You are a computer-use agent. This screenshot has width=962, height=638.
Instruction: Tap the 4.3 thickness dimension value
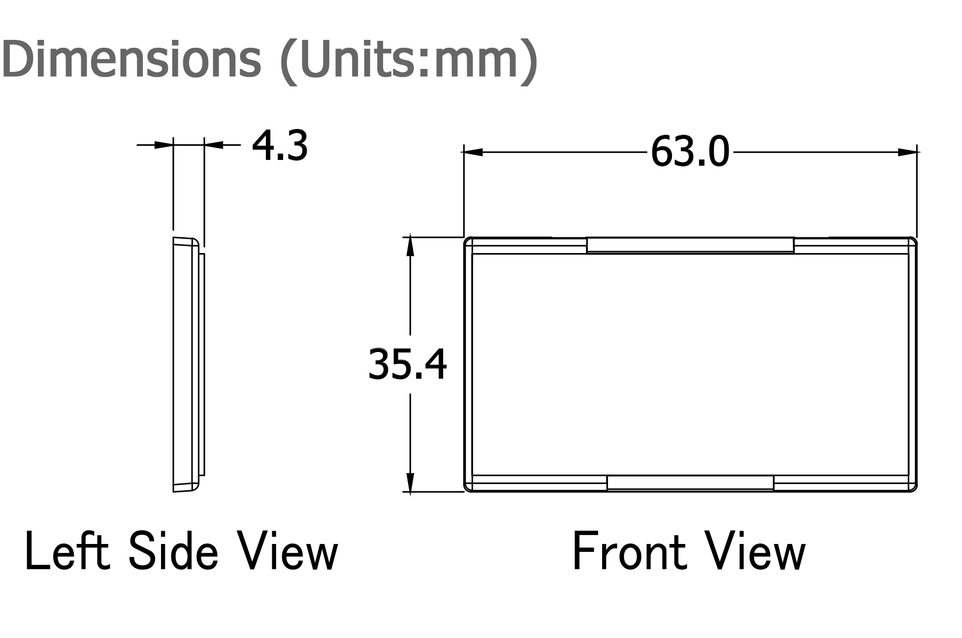[x=280, y=146]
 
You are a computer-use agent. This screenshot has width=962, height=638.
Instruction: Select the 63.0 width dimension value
[x=689, y=153]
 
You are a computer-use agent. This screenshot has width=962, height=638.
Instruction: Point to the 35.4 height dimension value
[x=408, y=364]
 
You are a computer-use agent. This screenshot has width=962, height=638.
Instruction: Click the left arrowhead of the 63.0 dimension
[x=473, y=153]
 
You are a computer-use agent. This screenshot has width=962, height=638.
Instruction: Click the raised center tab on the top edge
[x=690, y=245]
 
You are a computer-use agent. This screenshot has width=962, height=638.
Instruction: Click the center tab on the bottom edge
[x=690, y=483]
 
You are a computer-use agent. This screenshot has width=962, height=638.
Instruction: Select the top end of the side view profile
[x=186, y=241]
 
